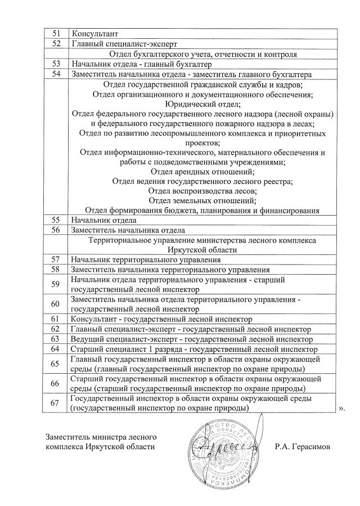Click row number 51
pos(56,33)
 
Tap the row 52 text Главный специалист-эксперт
pos(124,43)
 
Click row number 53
pos(56,64)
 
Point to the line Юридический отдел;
pos(203,104)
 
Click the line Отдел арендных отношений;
pos(203,171)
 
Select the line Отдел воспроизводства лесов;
pos(203,191)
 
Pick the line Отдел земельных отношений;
pos(203,200)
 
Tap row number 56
pos(56,230)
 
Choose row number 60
pos(56,304)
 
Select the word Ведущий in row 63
pos(87,339)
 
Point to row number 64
pos(56,349)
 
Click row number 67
pos(56,403)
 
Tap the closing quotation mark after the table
pos(341,408)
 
